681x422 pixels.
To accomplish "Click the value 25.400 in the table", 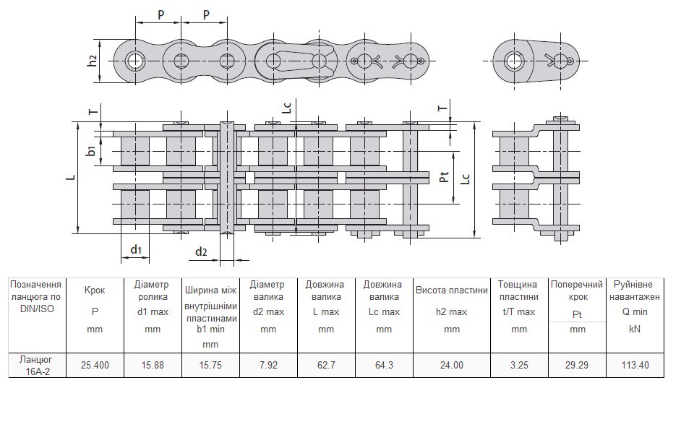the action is tap(95, 365).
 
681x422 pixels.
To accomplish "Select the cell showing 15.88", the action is tap(153, 365).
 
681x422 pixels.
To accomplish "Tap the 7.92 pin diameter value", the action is tap(268, 365).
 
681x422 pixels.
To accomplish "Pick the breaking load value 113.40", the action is tap(635, 365).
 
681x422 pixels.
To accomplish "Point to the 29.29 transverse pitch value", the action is tap(577, 365).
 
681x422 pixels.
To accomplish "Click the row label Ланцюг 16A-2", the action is tap(37, 366).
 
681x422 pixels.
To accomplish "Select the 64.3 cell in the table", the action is tap(384, 365).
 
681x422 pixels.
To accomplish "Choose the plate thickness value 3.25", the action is tap(519, 365).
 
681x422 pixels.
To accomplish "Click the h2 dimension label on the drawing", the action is tap(92, 61).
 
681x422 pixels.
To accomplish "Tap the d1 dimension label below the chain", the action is tap(136, 249).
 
